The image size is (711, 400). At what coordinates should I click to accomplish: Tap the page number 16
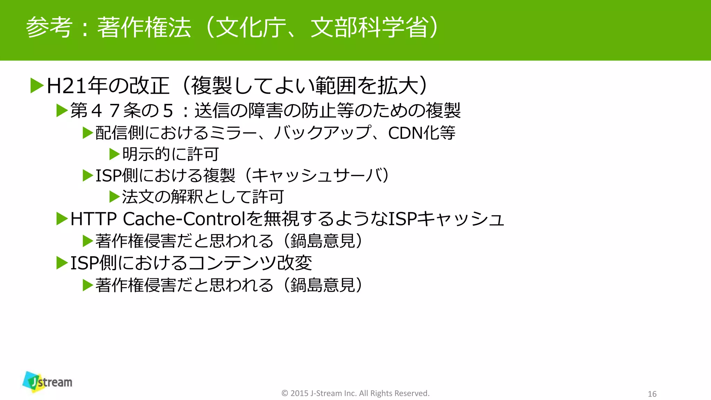click(x=652, y=394)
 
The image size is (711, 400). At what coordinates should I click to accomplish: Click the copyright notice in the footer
click(x=355, y=393)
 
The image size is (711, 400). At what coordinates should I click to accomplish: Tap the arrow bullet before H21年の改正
click(x=37, y=86)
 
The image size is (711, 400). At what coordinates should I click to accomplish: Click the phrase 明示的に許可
click(x=170, y=154)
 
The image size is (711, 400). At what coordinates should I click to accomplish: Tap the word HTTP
click(x=93, y=219)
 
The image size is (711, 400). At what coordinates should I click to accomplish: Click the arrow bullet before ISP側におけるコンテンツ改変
click(x=62, y=263)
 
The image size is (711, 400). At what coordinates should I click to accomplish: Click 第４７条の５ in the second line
click(x=122, y=111)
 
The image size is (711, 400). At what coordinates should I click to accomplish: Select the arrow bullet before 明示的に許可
click(x=114, y=154)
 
